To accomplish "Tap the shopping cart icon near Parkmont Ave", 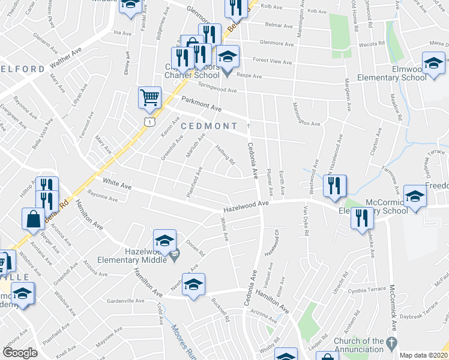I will point(149,97).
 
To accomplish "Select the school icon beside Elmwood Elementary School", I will point(433,63).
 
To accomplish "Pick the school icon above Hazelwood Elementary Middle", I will point(164,241).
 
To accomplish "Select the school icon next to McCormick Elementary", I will point(414,196).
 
